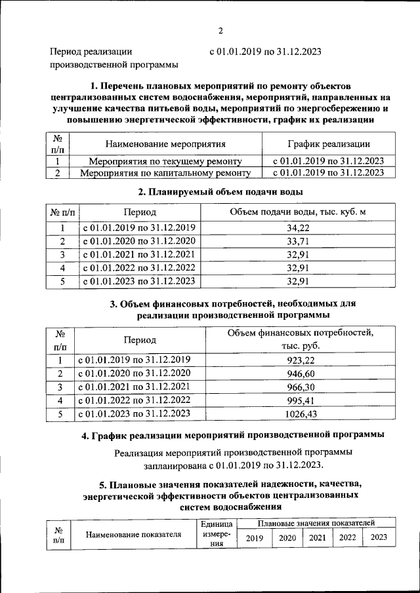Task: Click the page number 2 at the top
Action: tap(221, 30)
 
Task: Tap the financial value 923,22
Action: tap(300, 360)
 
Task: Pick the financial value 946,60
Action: tap(300, 373)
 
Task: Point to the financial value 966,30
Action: tap(300, 387)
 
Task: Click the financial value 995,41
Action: tap(300, 400)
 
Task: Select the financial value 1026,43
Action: tap(300, 414)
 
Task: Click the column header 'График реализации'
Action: tap(328, 144)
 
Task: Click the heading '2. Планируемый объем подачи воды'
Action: tap(220, 192)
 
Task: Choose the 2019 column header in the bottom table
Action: tap(253, 538)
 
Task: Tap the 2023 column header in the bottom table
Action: tap(379, 538)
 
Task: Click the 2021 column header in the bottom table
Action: tap(318, 538)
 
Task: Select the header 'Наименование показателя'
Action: tap(133, 534)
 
